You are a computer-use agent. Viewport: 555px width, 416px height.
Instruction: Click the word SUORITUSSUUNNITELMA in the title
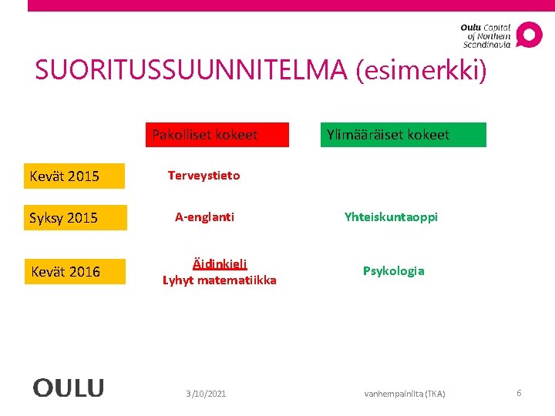pyautogui.click(x=193, y=71)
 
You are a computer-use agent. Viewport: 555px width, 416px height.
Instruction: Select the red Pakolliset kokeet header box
pyautogui.click(x=218, y=135)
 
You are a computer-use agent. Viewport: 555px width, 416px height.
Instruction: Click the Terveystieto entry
pyautogui.click(x=204, y=176)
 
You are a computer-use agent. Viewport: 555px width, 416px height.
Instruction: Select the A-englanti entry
pyautogui.click(x=204, y=217)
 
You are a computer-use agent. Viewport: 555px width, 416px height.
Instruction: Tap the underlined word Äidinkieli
pyautogui.click(x=220, y=263)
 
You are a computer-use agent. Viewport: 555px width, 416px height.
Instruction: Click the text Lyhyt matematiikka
pyautogui.click(x=220, y=280)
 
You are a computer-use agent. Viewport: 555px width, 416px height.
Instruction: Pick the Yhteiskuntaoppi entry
pyautogui.click(x=391, y=217)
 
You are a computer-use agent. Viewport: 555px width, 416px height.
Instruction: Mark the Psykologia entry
pyautogui.click(x=394, y=271)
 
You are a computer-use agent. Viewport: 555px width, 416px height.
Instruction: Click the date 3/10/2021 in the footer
pyautogui.click(x=206, y=394)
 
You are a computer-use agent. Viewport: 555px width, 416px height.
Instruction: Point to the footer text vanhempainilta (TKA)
pyautogui.click(x=405, y=394)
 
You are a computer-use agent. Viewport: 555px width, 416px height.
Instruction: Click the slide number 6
pyautogui.click(x=519, y=393)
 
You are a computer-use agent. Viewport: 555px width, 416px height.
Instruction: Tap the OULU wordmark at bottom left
pyautogui.click(x=68, y=387)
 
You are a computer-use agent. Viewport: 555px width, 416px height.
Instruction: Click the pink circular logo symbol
pyautogui.click(x=529, y=35)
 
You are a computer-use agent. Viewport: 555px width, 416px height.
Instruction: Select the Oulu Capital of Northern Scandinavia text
pyautogui.click(x=486, y=35)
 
